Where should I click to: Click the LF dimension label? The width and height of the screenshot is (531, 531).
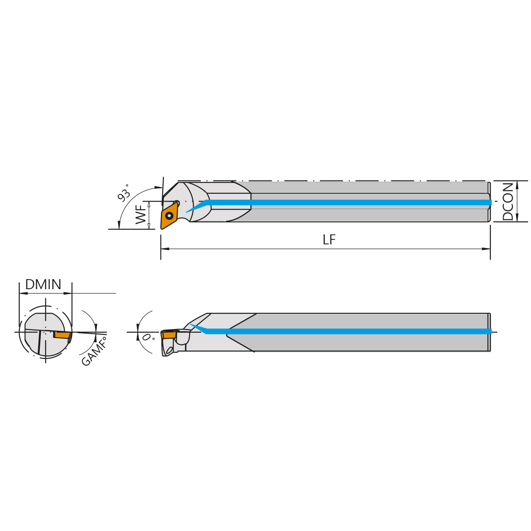[x=329, y=240]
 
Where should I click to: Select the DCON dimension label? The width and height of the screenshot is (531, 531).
[x=507, y=202]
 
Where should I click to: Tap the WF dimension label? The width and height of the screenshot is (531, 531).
[x=141, y=214]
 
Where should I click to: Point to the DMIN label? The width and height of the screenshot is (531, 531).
[x=43, y=285]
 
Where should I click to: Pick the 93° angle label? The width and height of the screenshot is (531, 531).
[x=124, y=193]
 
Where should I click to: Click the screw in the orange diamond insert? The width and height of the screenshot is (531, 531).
[x=169, y=216]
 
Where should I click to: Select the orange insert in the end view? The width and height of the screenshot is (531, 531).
[x=62, y=334]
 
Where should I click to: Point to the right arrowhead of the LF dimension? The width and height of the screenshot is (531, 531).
[x=486, y=249]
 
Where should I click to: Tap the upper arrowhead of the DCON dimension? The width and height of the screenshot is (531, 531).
[x=517, y=185]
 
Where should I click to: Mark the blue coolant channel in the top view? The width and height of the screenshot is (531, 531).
[x=348, y=202]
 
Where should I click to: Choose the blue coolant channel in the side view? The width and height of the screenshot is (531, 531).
[x=348, y=331]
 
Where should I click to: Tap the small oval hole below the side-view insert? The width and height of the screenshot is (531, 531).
[x=169, y=350]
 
